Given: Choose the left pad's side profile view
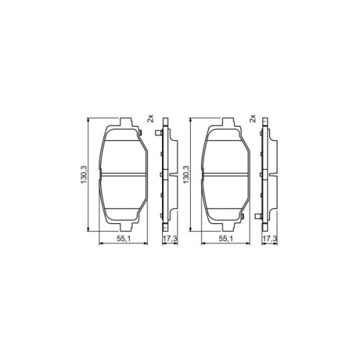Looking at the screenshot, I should (166, 173).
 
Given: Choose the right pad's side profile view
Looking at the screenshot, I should (269, 173).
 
